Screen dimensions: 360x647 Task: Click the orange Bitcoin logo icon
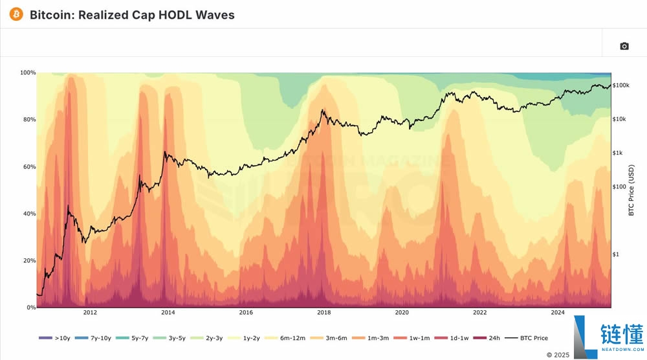click(16, 14)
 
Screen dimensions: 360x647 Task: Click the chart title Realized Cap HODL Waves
click(132, 14)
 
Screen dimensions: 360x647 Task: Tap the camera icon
click(624, 46)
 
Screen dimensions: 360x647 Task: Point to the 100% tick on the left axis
click(28, 73)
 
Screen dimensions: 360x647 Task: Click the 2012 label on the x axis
click(90, 313)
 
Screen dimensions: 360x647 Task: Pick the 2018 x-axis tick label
click(323, 313)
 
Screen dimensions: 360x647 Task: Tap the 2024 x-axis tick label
click(558, 313)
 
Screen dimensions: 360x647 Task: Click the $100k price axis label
click(621, 85)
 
